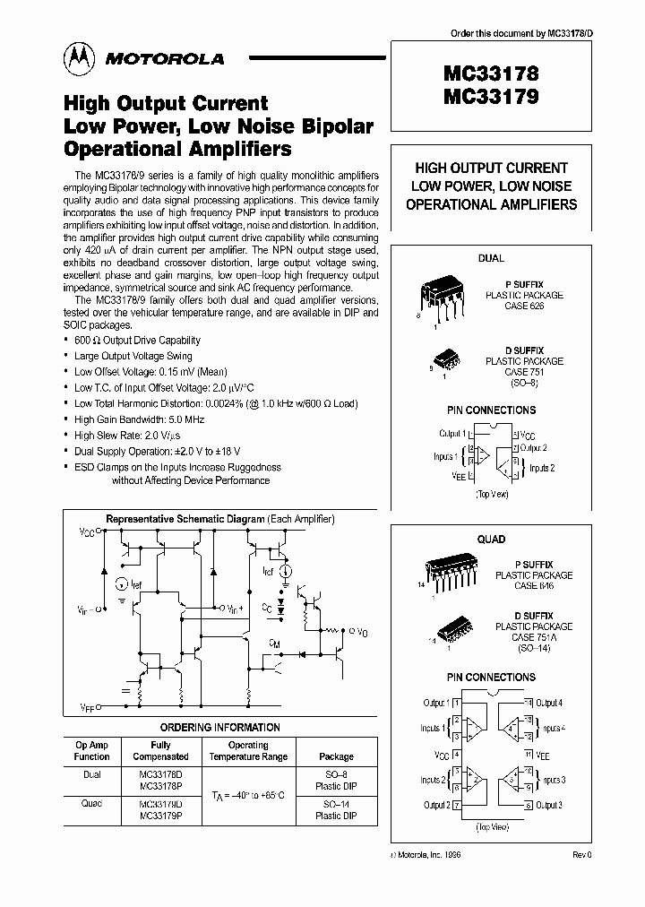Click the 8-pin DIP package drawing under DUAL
(x=443, y=297)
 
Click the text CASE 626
(x=523, y=306)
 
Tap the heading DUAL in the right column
(x=491, y=258)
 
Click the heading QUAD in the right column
(x=491, y=539)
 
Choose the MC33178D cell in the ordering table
(x=160, y=774)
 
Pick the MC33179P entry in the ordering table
(x=160, y=816)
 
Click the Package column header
(x=336, y=756)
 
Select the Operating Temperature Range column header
(x=248, y=751)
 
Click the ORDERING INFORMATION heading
(x=219, y=728)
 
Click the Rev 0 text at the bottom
(x=582, y=856)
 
